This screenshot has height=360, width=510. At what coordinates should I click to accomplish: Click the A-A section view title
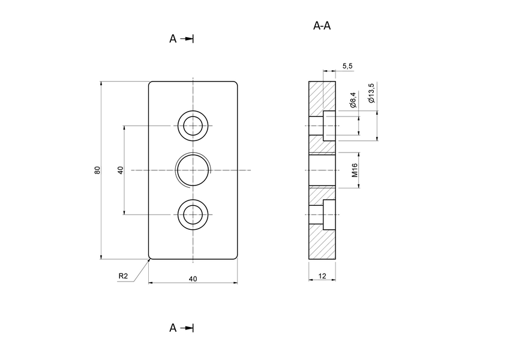point(322,26)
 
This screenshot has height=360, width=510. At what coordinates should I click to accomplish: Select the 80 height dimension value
point(97,170)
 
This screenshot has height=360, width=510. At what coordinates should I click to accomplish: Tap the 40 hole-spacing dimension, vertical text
point(121,170)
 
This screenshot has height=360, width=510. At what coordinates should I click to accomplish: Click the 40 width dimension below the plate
point(193,278)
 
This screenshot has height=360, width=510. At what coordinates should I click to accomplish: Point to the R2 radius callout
point(123,276)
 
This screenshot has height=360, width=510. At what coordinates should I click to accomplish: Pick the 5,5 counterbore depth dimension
point(347,66)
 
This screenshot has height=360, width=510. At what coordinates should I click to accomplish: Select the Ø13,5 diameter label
point(371,94)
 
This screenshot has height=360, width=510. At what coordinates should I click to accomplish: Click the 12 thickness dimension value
point(322,276)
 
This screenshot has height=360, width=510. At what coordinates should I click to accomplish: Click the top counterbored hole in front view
point(193,126)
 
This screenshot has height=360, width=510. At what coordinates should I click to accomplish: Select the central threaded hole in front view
point(193,170)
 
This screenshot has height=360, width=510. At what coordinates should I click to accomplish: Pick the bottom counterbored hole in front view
point(193,215)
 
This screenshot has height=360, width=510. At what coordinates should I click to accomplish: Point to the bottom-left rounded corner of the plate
point(151,258)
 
